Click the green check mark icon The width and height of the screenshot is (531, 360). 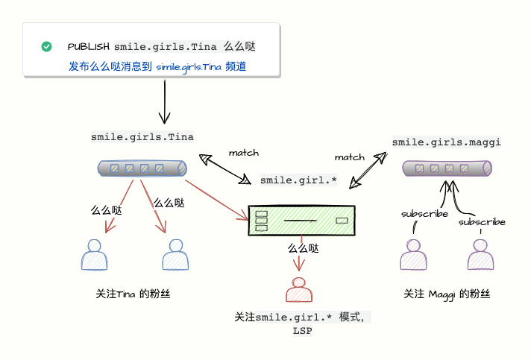click(47, 46)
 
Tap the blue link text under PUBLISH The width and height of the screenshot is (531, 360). click(157, 66)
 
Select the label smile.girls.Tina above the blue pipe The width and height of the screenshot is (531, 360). click(142, 136)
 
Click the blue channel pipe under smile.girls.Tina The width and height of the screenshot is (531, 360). click(141, 168)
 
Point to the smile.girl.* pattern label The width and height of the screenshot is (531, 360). click(298, 180)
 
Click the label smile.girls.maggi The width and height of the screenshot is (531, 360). click(446, 141)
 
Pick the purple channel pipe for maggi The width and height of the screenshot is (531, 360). click(447, 168)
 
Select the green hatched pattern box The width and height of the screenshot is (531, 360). click(302, 221)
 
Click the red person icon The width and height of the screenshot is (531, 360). click(299, 288)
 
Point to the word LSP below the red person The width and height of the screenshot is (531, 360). click(302, 330)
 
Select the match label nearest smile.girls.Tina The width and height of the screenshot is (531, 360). click(243, 153)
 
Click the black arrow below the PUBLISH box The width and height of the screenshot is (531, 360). click(164, 100)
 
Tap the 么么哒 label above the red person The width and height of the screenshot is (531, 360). click(303, 248)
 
